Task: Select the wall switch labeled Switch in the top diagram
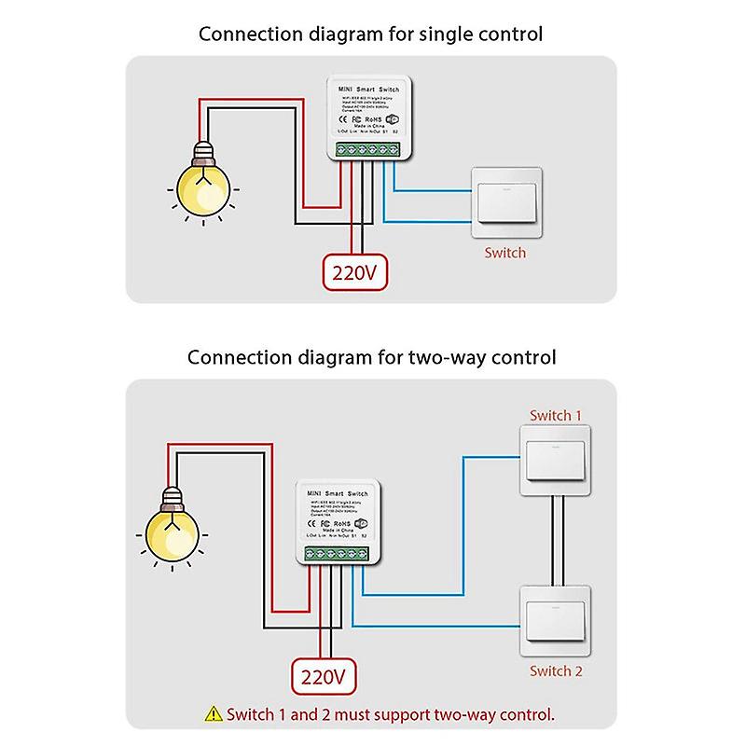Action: [507, 200]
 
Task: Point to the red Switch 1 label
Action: [556, 415]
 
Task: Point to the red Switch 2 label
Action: [556, 671]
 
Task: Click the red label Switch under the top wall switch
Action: [504, 253]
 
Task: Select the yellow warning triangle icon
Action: [214, 715]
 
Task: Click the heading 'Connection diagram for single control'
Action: [371, 35]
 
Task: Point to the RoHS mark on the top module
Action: [370, 120]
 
